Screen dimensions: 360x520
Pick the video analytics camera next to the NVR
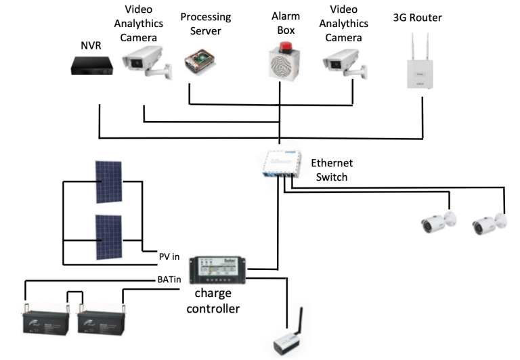coord(143,62)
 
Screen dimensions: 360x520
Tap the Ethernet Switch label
coord(331,171)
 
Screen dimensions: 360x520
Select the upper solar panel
coord(108,182)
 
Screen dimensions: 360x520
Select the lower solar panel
coord(108,237)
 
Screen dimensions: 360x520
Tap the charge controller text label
coord(217,302)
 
